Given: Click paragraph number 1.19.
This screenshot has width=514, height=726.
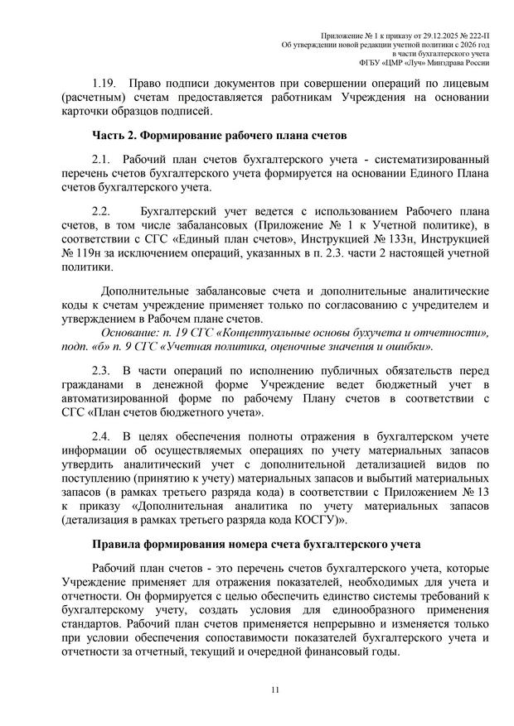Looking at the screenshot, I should (x=105, y=84).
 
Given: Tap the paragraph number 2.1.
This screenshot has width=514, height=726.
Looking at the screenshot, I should (x=101, y=158).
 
